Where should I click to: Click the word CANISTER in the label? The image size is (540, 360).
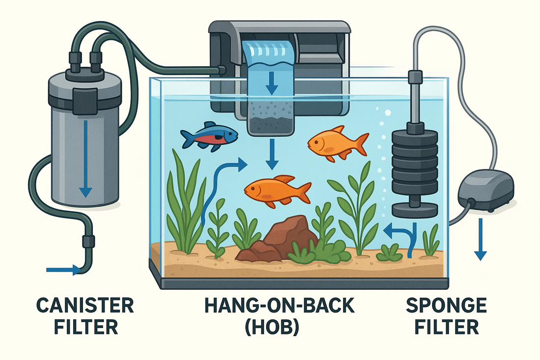85,306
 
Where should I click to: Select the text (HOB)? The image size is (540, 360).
272,327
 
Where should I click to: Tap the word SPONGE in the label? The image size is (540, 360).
446,305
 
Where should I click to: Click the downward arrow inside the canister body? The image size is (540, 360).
85,159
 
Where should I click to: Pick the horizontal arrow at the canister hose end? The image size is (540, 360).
63,270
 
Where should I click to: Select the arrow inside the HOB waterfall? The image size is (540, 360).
272,83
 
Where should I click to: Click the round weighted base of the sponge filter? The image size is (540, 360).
415,210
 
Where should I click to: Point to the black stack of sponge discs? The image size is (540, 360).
415,162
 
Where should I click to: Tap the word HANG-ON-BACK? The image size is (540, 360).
279,305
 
